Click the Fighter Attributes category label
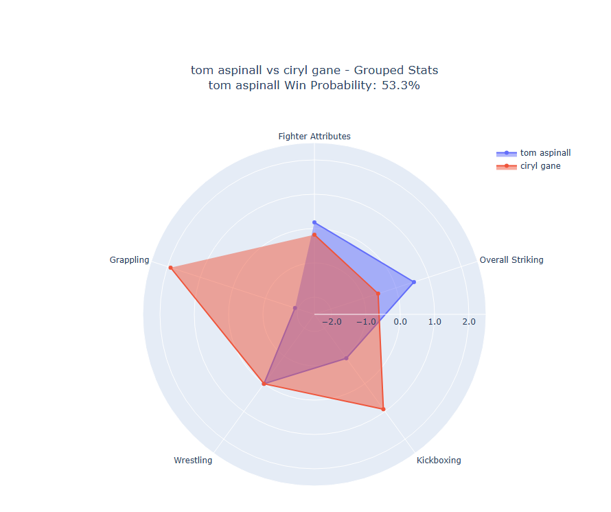pyautogui.click(x=314, y=137)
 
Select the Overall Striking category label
pyautogui.click(x=511, y=260)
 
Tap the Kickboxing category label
pyautogui.click(x=439, y=461)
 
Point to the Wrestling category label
pyautogui.click(x=193, y=461)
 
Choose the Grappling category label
pyautogui.click(x=129, y=260)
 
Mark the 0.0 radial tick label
pyautogui.click(x=400, y=322)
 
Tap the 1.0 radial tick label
pyautogui.click(x=434, y=322)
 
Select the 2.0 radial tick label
pyautogui.click(x=468, y=322)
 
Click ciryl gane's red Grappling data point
pyautogui.click(x=170, y=268)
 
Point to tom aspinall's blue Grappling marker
pyautogui.click(x=295, y=308)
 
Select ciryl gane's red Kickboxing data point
pyautogui.click(x=383, y=409)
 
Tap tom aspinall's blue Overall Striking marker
pyautogui.click(x=413, y=282)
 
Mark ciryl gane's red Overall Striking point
pyautogui.click(x=378, y=294)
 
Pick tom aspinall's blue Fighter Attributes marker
pyautogui.click(x=314, y=222)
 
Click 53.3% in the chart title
pyautogui.click(x=400, y=86)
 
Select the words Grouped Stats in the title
pyautogui.click(x=401, y=71)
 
